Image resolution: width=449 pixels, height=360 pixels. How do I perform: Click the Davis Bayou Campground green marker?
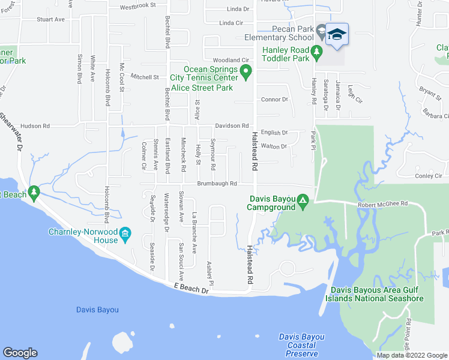click(x=304, y=200)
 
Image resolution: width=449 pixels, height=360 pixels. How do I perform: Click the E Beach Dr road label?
click(x=191, y=289)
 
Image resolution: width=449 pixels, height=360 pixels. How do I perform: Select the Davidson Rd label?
click(x=232, y=126)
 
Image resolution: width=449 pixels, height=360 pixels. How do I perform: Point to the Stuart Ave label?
click(x=50, y=19)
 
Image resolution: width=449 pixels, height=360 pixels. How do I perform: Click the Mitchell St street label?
click(x=145, y=77)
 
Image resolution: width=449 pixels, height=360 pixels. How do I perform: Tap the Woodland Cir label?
click(x=231, y=61)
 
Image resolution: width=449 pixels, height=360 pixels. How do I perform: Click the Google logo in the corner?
click(x=20, y=353)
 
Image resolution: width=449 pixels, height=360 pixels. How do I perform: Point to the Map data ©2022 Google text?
click(x=411, y=355)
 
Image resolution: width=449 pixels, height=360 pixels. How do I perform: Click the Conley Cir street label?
click(x=429, y=176)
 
